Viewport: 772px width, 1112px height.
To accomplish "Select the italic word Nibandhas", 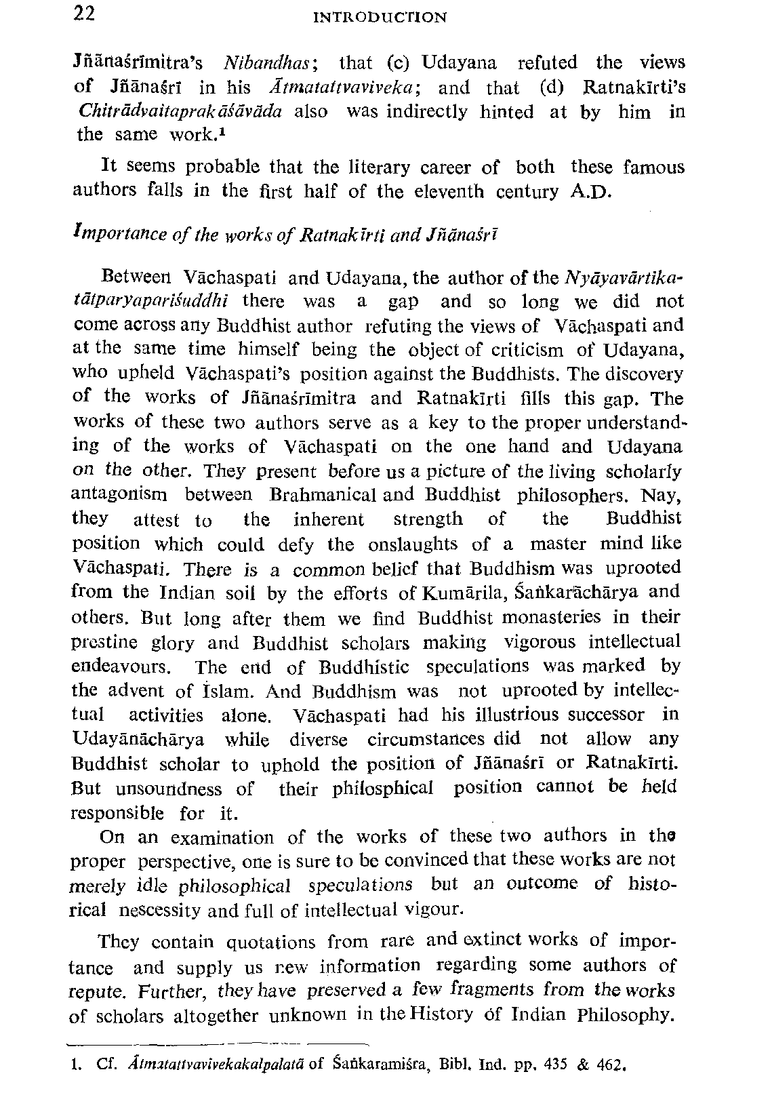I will pyautogui.click(x=267, y=63).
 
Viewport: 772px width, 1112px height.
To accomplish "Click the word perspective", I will pyautogui.click(x=179, y=862).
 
